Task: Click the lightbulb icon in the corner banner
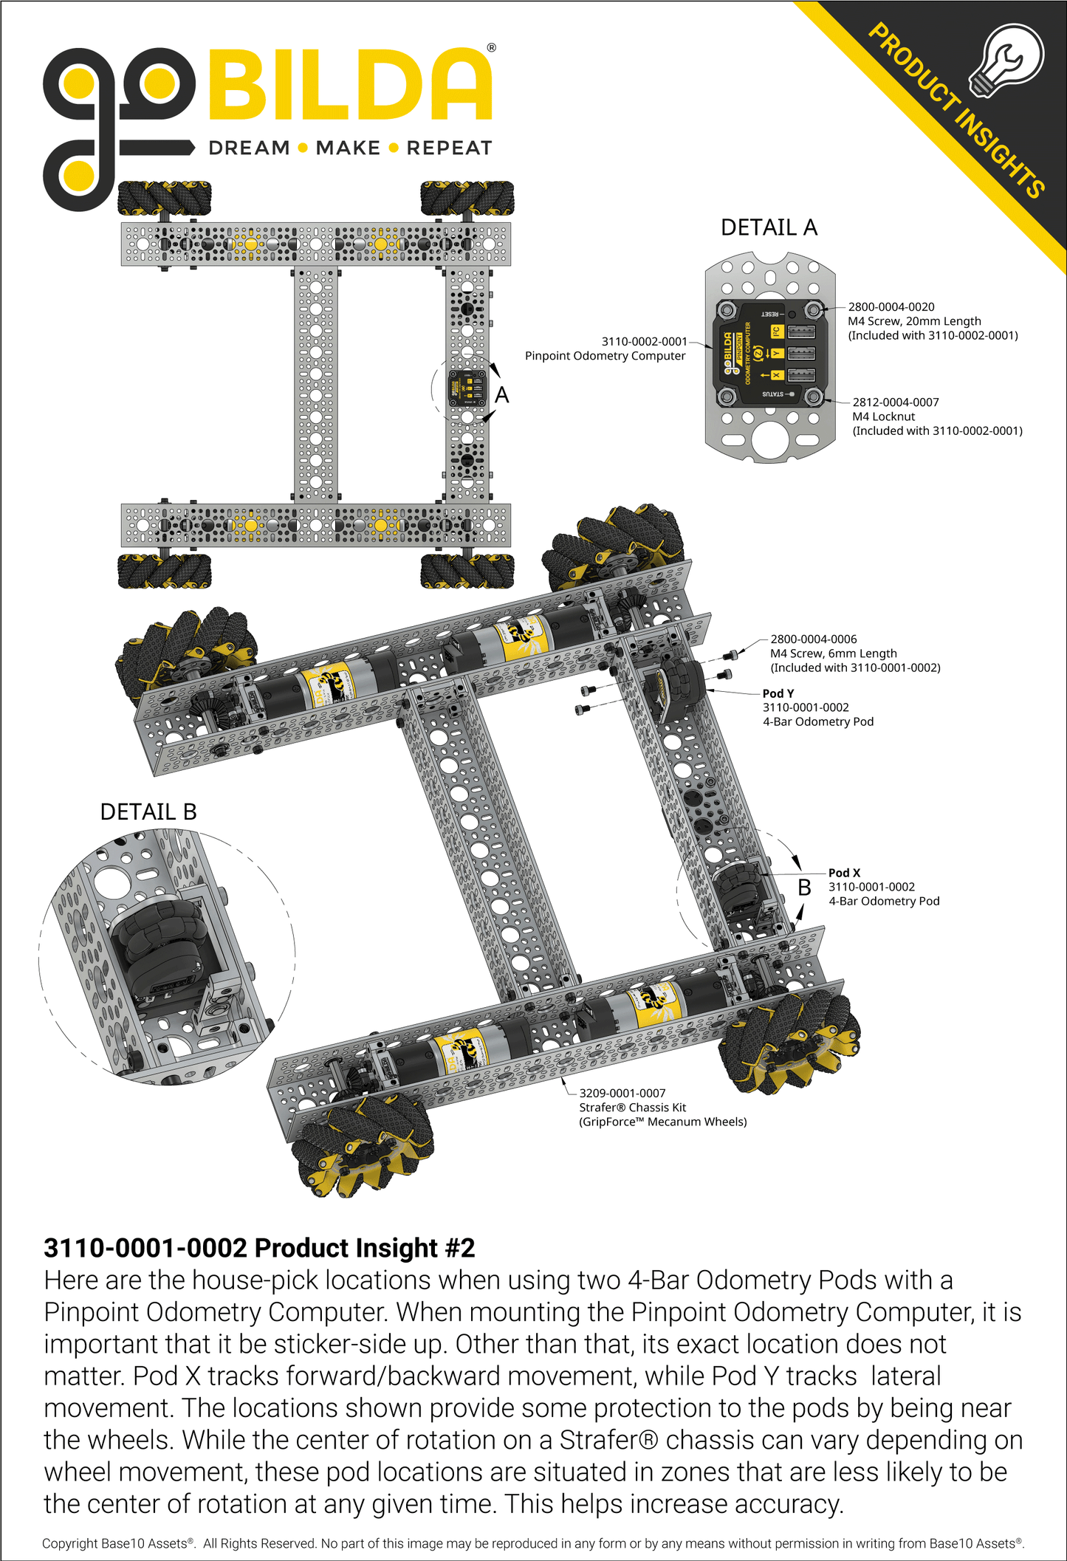[1009, 61]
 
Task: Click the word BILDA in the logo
[350, 86]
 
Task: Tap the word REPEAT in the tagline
[449, 148]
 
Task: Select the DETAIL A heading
[769, 227]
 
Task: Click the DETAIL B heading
[148, 812]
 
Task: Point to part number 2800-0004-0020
[891, 306]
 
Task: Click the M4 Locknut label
[883, 416]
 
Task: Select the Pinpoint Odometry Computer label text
[605, 356]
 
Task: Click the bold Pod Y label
[778, 693]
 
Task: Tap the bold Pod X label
[843, 873]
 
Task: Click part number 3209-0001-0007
[622, 1093]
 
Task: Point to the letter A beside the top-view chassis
[502, 395]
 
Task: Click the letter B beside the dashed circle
[804, 888]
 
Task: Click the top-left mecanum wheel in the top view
[164, 198]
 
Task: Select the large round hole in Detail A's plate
[769, 440]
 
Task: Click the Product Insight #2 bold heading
[259, 1248]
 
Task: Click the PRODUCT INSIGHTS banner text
[956, 111]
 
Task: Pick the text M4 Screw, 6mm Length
[833, 653]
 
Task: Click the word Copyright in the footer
[69, 1543]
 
